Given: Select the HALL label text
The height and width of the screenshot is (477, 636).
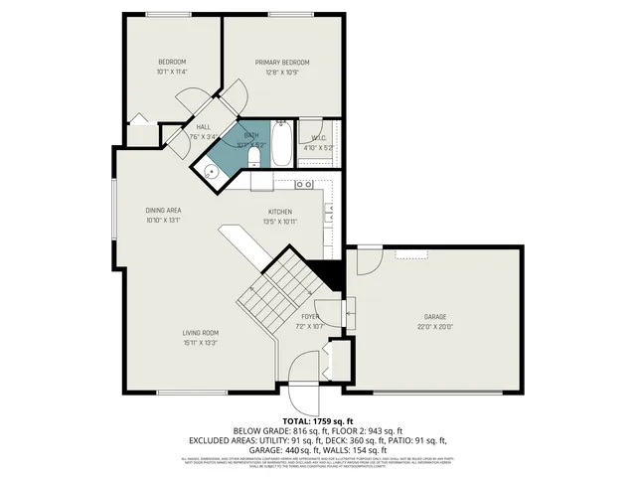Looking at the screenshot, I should tap(203, 127).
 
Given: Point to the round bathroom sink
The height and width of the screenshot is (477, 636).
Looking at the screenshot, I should tap(212, 171).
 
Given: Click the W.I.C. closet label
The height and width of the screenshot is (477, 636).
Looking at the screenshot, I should tap(319, 138).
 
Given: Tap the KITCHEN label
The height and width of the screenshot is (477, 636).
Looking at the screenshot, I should tap(279, 212).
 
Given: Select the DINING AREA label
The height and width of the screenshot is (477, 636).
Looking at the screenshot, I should tap(163, 211).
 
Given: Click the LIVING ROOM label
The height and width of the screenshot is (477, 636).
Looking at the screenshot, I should tap(200, 333).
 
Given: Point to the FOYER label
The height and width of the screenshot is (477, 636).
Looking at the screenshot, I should tap(310, 317).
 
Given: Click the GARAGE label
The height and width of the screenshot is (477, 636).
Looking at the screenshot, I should tap(434, 317).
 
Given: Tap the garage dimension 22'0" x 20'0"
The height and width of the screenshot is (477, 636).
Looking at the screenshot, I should tap(434, 326).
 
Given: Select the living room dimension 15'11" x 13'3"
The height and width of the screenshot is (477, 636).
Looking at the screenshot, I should tap(200, 343).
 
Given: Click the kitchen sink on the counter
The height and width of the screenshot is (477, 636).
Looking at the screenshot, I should tap(305, 184).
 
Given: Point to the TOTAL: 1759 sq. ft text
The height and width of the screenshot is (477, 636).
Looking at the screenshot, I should tap(317, 421).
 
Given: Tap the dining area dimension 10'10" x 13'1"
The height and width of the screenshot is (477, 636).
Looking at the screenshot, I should tap(163, 221).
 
